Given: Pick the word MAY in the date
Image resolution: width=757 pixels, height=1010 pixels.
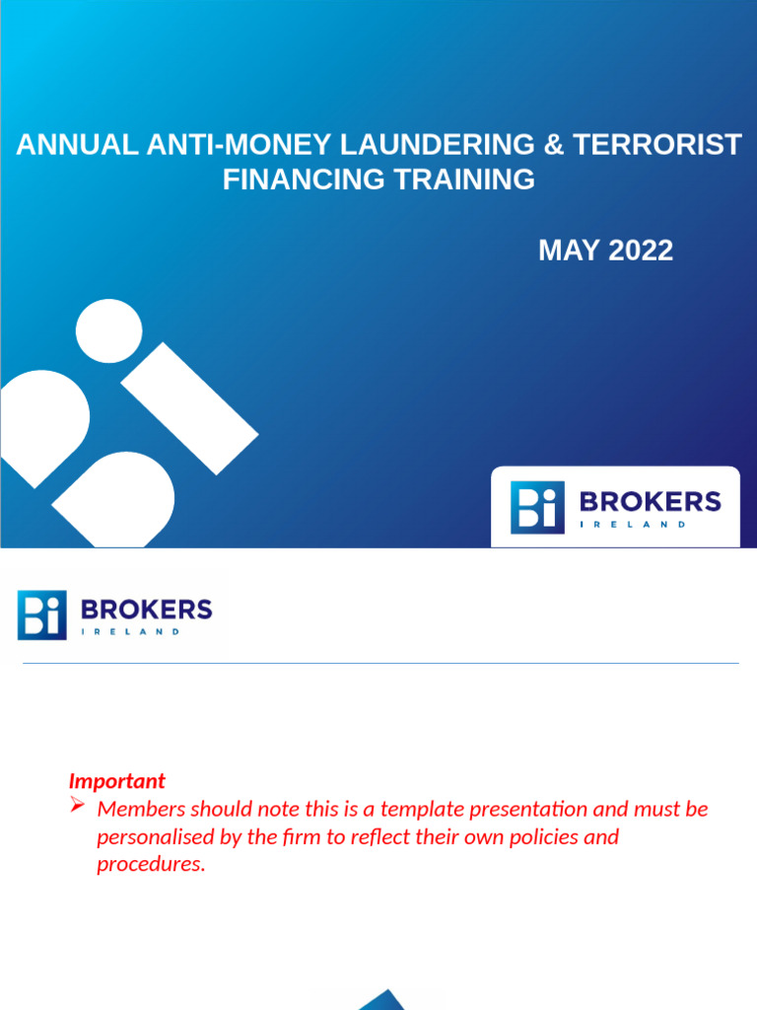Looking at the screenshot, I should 569,251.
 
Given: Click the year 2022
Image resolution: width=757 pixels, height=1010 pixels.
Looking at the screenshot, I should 641,251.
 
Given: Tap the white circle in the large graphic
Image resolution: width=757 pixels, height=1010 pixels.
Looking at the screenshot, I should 108,330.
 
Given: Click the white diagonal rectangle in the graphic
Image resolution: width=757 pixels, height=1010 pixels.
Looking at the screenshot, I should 189,407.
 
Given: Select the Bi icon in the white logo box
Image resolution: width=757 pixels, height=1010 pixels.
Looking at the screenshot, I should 537,508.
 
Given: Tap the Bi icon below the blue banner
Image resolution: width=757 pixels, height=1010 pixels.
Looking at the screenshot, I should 42,614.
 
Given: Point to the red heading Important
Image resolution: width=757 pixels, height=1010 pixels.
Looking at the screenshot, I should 116,781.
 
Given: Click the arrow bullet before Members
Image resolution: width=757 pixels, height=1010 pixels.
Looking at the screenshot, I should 78,808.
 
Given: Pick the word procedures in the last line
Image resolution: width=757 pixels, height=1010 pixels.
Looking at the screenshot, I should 151,865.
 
